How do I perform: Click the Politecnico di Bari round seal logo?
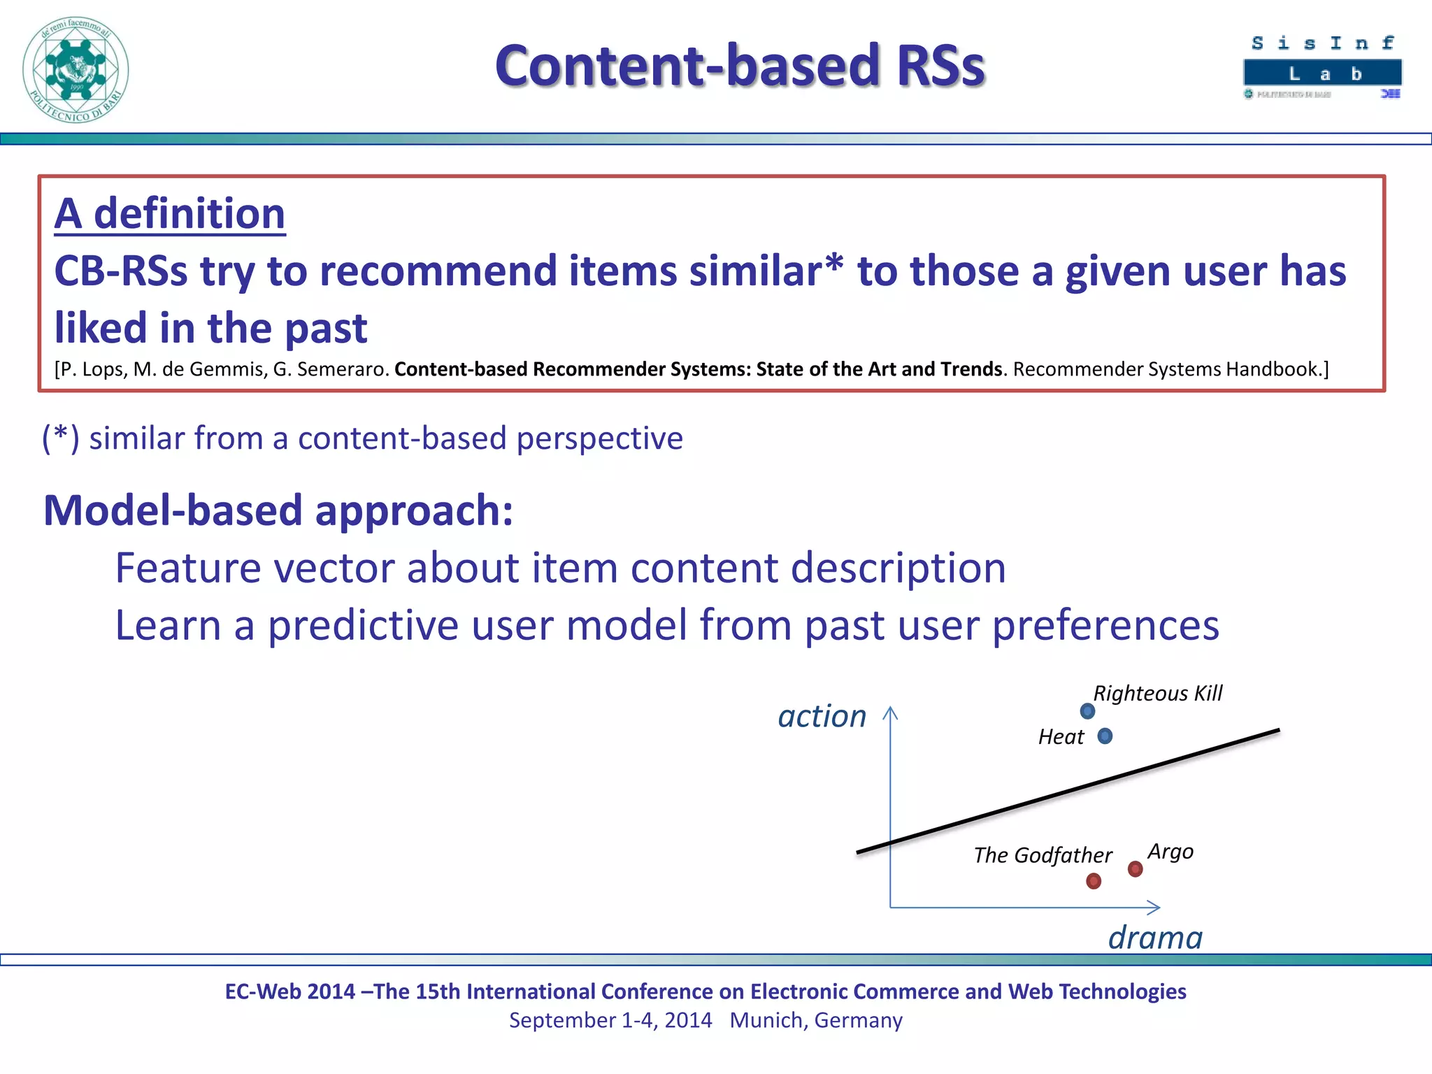76,70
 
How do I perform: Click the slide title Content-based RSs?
740,66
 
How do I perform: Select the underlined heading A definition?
170,213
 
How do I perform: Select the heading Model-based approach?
278,510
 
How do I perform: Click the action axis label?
822,716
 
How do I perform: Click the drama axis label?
1155,937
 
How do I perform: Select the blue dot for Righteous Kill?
1087,711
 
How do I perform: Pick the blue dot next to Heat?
1105,736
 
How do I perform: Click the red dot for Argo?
1136,869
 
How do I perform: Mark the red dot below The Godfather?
1094,881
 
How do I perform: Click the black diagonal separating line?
1068,791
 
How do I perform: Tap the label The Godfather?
1043,855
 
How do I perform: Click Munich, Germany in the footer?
816,1020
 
